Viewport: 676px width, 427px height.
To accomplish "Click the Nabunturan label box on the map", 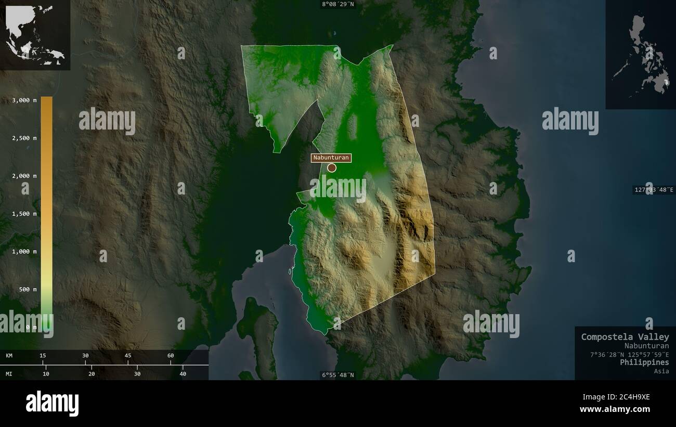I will [x=331, y=158].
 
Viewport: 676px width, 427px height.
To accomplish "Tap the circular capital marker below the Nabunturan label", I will [x=332, y=167].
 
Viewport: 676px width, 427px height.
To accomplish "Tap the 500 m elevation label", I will [x=27, y=289].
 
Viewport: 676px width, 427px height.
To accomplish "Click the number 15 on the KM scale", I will [x=43, y=356].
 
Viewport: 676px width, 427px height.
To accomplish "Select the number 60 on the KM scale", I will [x=171, y=356].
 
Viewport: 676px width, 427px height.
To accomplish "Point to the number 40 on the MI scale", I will [x=183, y=374].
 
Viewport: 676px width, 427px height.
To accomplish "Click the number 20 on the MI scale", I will [x=92, y=374].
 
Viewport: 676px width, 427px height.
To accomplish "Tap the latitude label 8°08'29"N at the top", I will [x=338, y=4].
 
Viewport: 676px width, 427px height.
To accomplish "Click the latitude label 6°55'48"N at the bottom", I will [x=338, y=375].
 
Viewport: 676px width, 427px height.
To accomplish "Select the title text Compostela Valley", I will [x=625, y=337].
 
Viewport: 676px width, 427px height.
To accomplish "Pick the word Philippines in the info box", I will [x=644, y=363].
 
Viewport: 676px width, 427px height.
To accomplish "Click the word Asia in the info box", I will [x=661, y=371].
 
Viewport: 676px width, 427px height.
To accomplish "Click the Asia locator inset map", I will [x=35, y=35].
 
